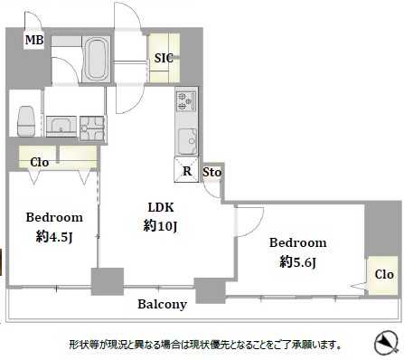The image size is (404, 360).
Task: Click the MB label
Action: coord(33,40)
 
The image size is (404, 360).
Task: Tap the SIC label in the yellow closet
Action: coord(164,59)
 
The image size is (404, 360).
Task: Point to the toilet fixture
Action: coord(26,118)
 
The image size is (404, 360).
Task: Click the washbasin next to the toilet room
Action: coord(61,126)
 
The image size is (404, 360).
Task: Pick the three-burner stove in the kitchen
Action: coord(187,102)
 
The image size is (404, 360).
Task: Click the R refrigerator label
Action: coord(186,172)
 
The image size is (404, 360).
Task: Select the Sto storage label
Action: coord(211,172)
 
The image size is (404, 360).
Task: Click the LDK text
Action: coord(159,206)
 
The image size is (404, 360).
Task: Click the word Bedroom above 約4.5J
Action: coord(53,217)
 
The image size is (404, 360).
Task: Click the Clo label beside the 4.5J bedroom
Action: coord(39,164)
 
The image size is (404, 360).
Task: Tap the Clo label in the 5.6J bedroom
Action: coord(383,274)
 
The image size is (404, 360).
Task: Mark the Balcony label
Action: coord(162,305)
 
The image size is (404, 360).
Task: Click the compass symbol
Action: coord(385,343)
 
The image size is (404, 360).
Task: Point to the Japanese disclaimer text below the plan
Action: coord(204,345)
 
